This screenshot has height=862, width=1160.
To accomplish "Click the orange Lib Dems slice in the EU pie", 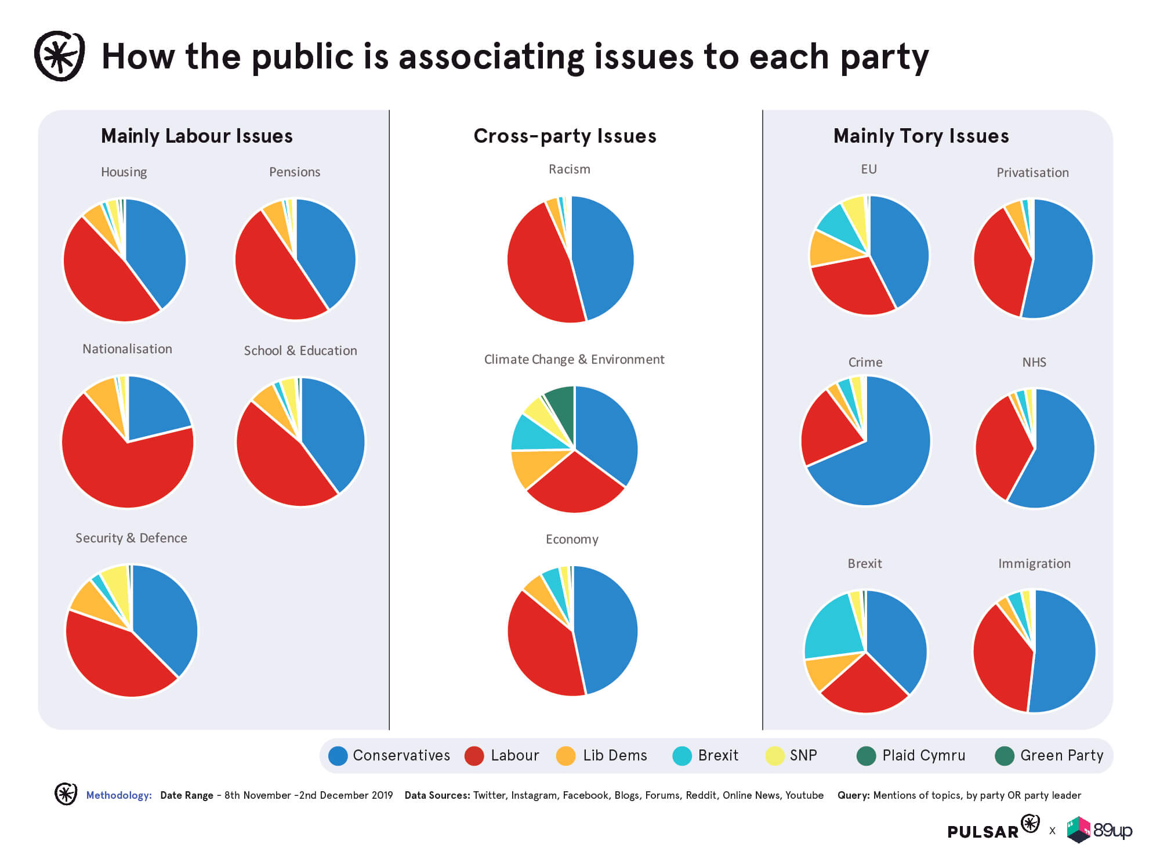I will click(x=829, y=249).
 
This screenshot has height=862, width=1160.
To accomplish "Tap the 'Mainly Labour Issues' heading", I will click(x=197, y=136).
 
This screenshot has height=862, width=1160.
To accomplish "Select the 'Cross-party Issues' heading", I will click(x=565, y=136).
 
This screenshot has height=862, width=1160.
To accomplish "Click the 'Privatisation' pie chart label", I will click(x=1032, y=172).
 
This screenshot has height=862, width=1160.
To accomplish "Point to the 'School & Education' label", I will click(x=300, y=350).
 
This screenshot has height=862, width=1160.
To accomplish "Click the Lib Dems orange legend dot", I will click(x=565, y=756).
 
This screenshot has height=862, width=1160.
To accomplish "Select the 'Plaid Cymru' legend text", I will click(x=923, y=755).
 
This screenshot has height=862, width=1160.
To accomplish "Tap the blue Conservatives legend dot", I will click(x=338, y=756).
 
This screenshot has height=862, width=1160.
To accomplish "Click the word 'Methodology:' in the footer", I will click(x=119, y=795).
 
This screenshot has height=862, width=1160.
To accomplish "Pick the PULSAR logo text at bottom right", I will click(x=983, y=832).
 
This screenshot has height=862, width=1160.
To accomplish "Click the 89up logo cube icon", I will click(x=1079, y=830).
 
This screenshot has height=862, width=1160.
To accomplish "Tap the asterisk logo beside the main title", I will click(x=60, y=56).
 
